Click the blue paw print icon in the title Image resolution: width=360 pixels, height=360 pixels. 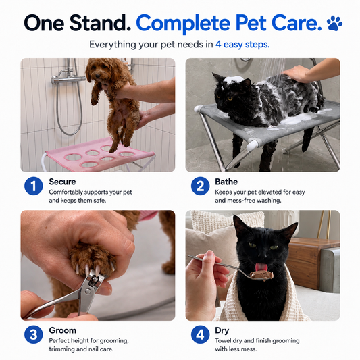click(x=334, y=23)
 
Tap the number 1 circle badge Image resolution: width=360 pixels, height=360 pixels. click(x=34, y=186)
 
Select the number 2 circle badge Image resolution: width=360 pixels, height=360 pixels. click(x=200, y=186)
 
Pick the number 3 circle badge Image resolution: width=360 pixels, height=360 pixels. click(x=34, y=334)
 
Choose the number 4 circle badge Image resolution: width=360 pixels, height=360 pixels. click(x=200, y=334)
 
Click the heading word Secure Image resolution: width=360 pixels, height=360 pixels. click(x=62, y=182)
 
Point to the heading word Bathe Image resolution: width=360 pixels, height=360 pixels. click(x=226, y=182)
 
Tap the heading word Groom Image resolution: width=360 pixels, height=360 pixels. click(x=62, y=330)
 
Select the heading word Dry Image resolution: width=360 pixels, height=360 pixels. click(x=222, y=331)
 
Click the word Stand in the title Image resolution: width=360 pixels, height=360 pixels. click(x=100, y=23)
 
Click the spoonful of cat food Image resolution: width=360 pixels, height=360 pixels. click(x=261, y=275)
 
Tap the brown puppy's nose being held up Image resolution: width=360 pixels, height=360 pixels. click(x=97, y=76)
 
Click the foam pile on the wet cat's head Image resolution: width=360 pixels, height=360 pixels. click(x=234, y=80)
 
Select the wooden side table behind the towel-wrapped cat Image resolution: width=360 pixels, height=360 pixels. click(x=311, y=263)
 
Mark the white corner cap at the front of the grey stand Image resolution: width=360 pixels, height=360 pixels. click(x=253, y=145)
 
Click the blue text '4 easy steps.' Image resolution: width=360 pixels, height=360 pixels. click(x=242, y=45)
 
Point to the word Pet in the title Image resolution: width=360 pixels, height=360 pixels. click(x=251, y=23)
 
